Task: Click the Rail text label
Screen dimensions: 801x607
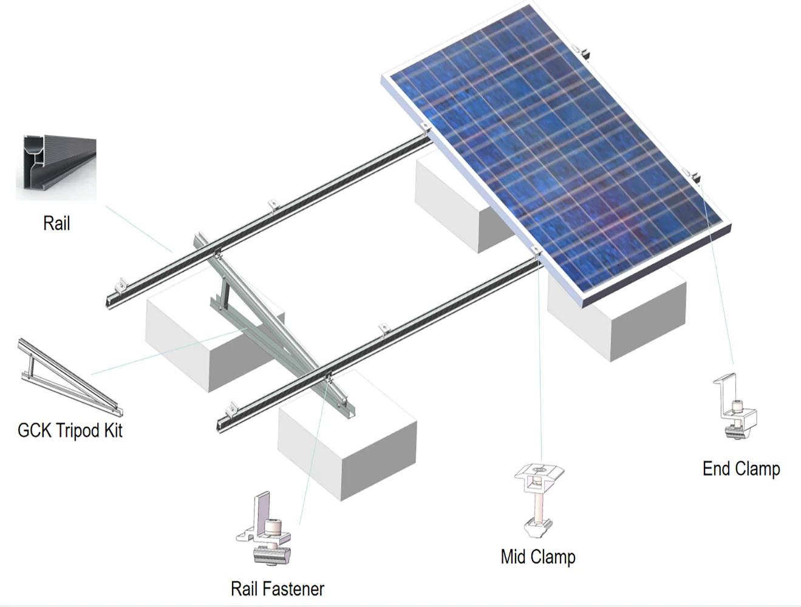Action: pos(56,223)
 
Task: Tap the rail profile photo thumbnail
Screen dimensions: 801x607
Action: pos(56,168)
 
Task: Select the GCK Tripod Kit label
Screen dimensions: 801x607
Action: pos(70,430)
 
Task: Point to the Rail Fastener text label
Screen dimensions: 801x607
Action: pos(278,588)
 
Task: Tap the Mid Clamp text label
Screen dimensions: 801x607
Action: pos(538,557)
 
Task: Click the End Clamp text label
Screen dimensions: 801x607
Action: pos(741,469)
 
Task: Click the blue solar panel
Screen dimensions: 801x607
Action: pos(559,152)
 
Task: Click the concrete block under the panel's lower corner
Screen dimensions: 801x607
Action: pos(619,316)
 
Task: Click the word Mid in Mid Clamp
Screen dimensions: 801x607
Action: pos(514,557)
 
